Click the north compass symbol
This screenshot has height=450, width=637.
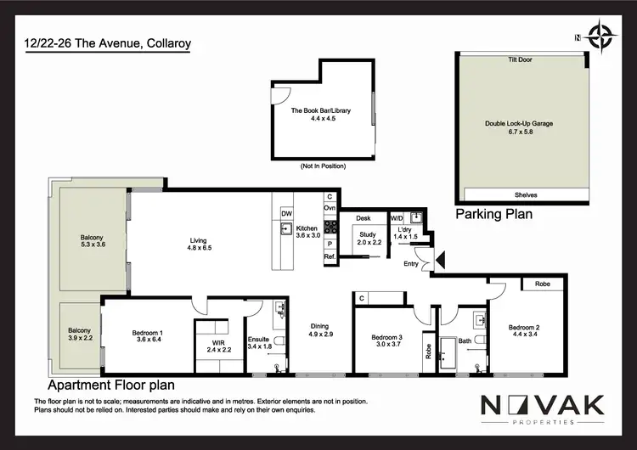point(602,37)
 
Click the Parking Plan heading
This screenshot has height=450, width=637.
point(494,214)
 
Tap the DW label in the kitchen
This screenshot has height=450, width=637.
point(286,213)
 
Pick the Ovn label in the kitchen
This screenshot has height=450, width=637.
point(330,208)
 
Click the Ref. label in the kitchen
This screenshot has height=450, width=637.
point(330,256)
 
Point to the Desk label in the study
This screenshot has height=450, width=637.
point(363,218)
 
